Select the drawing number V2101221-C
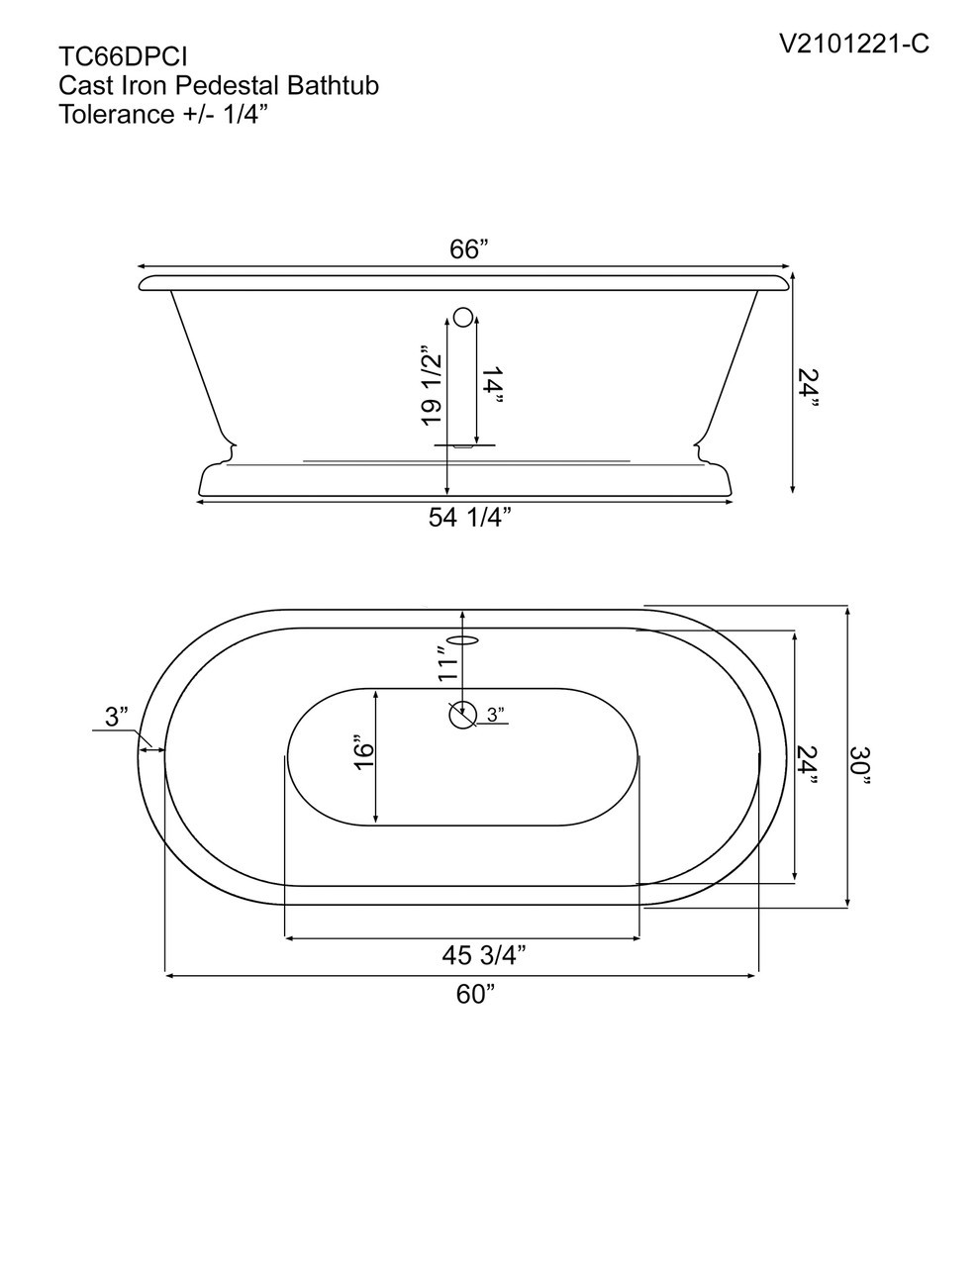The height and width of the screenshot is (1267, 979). (x=853, y=44)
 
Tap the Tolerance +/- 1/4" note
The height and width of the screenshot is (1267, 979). (x=164, y=114)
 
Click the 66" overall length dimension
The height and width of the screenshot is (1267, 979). (x=469, y=249)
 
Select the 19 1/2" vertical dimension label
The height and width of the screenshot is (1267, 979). (x=431, y=386)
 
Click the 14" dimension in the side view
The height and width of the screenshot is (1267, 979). (x=493, y=386)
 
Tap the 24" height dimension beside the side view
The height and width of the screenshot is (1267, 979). (x=809, y=388)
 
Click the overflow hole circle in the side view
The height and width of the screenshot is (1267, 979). (x=463, y=318)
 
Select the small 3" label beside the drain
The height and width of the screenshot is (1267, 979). (x=495, y=714)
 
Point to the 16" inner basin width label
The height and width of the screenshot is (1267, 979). (x=363, y=754)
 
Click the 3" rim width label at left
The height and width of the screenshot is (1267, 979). (x=117, y=717)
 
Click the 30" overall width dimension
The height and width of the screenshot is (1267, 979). (x=862, y=765)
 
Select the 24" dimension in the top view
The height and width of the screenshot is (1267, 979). (x=809, y=765)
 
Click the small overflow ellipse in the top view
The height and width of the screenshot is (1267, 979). (x=463, y=638)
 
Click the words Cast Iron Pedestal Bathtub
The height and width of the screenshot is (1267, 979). (x=219, y=86)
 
